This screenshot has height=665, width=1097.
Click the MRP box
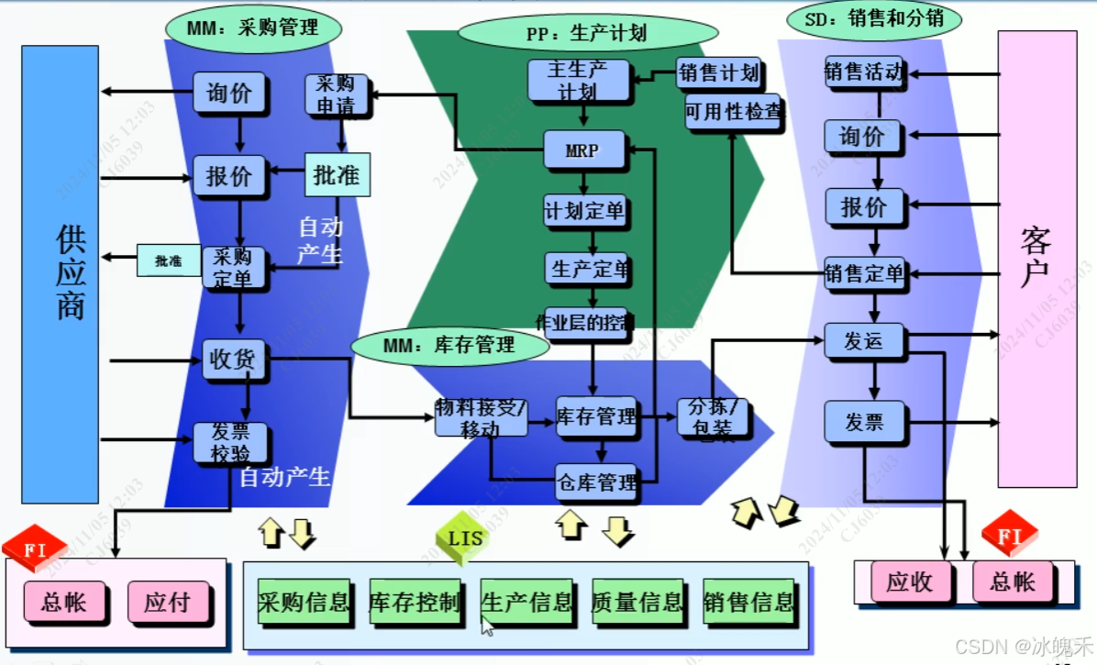tap(583, 150)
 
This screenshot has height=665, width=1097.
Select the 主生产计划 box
tap(578, 80)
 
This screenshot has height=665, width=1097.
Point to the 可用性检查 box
tap(733, 112)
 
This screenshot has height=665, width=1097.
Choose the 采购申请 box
tap(337, 94)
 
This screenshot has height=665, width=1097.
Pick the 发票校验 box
tap(230, 442)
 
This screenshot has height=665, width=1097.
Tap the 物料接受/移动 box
tap(481, 417)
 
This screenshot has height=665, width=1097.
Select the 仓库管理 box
tap(596, 482)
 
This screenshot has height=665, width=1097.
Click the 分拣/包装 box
tap(713, 417)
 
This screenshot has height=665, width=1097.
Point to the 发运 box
tap(863, 341)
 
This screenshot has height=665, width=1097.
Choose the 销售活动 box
tap(863, 72)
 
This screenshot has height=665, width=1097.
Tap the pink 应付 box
tap(167, 602)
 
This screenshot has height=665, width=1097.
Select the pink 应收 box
tap(908, 582)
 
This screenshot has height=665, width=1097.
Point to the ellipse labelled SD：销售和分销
tap(874, 18)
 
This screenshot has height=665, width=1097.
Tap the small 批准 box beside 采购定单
tap(169, 260)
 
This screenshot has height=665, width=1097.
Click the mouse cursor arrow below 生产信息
tap(487, 626)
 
